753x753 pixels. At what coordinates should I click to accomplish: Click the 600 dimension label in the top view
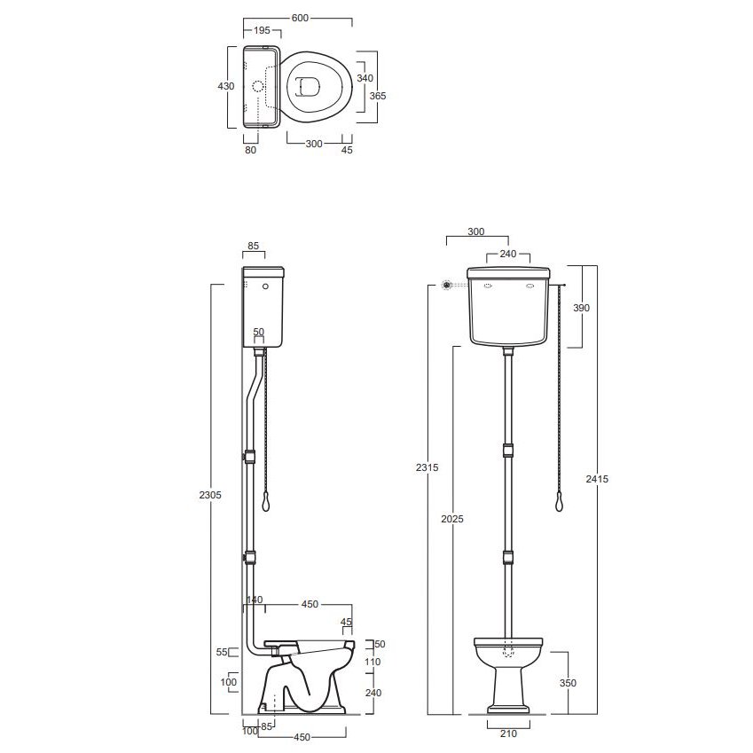[x=300, y=18]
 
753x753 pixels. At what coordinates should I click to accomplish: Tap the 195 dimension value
[x=262, y=30]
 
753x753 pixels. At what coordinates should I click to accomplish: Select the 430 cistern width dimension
[x=225, y=86]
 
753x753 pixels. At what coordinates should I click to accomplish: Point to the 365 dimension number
[x=378, y=96]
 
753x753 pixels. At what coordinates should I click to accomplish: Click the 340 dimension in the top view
[x=365, y=78]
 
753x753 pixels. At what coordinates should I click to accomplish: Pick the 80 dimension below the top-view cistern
[x=251, y=150]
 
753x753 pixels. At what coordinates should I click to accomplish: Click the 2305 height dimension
[x=210, y=495]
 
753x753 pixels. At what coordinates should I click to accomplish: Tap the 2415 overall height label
[x=597, y=478]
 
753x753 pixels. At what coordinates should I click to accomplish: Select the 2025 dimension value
[x=452, y=519]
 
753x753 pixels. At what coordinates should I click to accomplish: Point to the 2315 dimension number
[x=427, y=467]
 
